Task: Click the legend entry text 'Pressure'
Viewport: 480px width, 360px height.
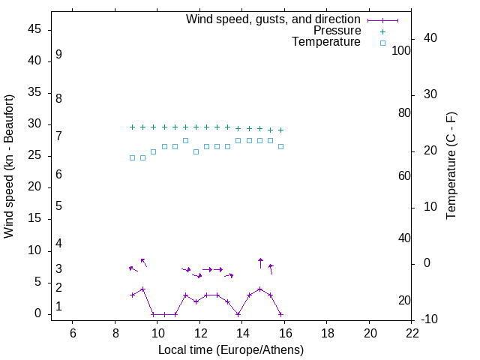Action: point(337,31)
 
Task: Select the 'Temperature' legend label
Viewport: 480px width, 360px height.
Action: point(326,42)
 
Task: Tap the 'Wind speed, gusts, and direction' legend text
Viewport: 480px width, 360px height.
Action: point(273,19)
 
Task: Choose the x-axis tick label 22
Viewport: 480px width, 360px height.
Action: point(412,333)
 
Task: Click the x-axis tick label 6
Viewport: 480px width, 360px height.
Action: point(73,333)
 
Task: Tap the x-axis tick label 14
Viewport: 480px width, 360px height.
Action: point(242,333)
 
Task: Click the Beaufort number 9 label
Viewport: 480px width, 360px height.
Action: point(58,55)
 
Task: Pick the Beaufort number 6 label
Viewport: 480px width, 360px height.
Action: point(58,175)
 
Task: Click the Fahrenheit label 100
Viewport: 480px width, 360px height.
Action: point(401,50)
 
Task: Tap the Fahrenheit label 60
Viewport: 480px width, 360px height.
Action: point(404,175)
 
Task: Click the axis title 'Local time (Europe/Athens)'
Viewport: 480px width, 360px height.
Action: point(231,349)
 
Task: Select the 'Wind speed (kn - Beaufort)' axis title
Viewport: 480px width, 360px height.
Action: point(9,166)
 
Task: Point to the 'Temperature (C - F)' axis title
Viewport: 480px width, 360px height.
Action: point(451,166)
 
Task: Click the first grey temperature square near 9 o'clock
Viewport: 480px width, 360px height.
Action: point(132,157)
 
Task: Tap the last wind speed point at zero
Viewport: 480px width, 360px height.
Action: point(280,314)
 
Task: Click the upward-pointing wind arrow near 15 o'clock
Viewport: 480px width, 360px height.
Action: point(260,262)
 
